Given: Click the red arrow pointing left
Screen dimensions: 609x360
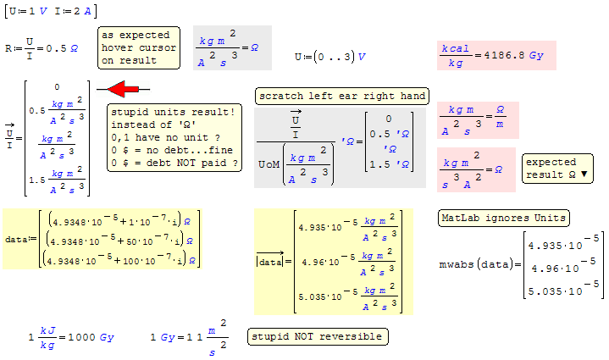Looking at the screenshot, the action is pyautogui.click(x=123, y=89).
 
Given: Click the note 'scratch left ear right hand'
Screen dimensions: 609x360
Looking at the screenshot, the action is pyautogui.click(x=342, y=97).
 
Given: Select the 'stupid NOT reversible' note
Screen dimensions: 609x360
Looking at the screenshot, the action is pyautogui.click(x=318, y=336).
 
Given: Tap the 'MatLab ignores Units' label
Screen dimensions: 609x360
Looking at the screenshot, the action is pyautogui.click(x=504, y=218).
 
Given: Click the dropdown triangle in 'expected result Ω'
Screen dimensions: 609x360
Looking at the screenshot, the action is pyautogui.click(x=584, y=174).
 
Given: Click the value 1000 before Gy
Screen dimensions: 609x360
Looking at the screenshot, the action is pyautogui.click(x=81, y=337).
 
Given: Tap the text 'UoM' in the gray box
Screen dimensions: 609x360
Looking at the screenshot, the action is pyautogui.click(x=269, y=164).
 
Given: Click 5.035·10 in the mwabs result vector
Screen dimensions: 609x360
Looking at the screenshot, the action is pyautogui.click(x=556, y=291).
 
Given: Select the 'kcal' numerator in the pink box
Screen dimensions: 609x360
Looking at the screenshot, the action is pyautogui.click(x=455, y=48).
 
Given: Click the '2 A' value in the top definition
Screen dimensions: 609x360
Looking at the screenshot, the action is pyautogui.click(x=82, y=11).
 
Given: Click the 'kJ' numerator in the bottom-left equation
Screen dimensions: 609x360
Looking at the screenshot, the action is pyautogui.click(x=48, y=330).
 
